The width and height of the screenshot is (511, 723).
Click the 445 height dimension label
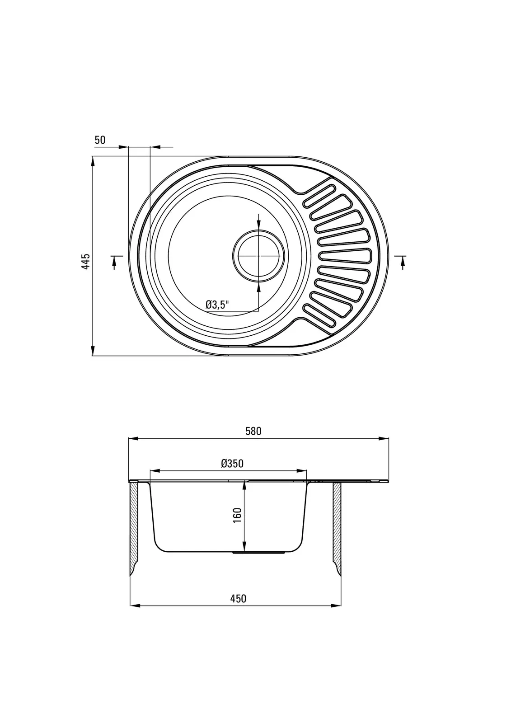click(x=85, y=262)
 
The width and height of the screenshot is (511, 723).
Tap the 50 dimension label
click(x=100, y=140)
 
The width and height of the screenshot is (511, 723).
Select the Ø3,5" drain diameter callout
click(x=217, y=305)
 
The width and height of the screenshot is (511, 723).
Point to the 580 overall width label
click(x=253, y=431)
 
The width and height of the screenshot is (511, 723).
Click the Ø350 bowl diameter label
click(x=232, y=464)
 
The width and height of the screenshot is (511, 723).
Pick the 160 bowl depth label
click(x=237, y=516)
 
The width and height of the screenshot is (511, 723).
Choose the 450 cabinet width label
click(x=238, y=599)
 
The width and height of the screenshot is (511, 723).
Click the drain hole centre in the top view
click(x=258, y=256)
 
